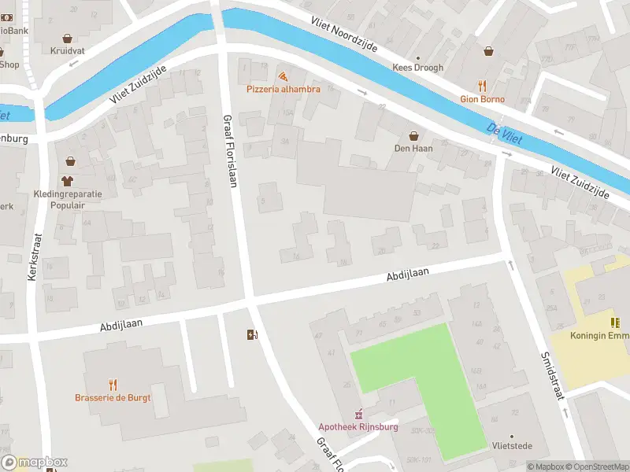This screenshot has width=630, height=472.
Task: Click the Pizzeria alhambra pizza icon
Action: [x=282, y=76]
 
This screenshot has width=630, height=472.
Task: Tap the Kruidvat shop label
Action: [x=67, y=50]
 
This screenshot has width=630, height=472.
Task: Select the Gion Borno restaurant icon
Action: [x=482, y=87]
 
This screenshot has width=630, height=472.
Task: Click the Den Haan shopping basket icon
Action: [x=413, y=135]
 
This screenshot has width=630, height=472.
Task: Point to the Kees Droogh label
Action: [x=418, y=68]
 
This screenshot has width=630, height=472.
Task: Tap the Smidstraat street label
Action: [x=553, y=375]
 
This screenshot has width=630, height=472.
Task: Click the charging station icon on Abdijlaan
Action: [x=252, y=334]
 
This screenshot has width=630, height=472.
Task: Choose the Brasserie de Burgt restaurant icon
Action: [x=113, y=385]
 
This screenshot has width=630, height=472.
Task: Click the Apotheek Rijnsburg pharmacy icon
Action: [x=358, y=415]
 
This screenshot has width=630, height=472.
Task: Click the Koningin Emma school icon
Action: [x=614, y=323]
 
